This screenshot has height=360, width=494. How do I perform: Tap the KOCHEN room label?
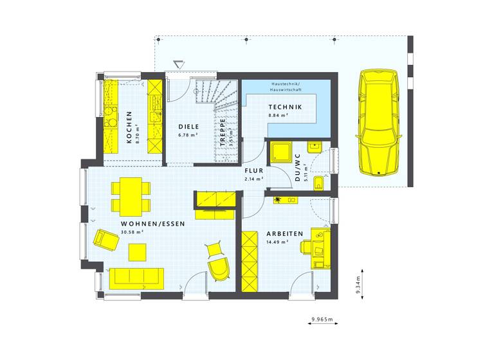[x=129, y=127]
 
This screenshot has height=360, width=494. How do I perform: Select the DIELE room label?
[x=189, y=127]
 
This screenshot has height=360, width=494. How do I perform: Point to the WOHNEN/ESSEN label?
[x=153, y=224]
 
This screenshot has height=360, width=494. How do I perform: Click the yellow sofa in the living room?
[x=136, y=277]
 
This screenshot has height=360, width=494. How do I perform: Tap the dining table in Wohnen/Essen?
[x=128, y=197]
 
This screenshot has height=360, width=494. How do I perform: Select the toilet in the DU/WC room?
[x=320, y=184]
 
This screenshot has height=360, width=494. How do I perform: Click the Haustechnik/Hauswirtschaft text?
[x=290, y=87]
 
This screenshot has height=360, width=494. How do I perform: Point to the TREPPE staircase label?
[x=223, y=134]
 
